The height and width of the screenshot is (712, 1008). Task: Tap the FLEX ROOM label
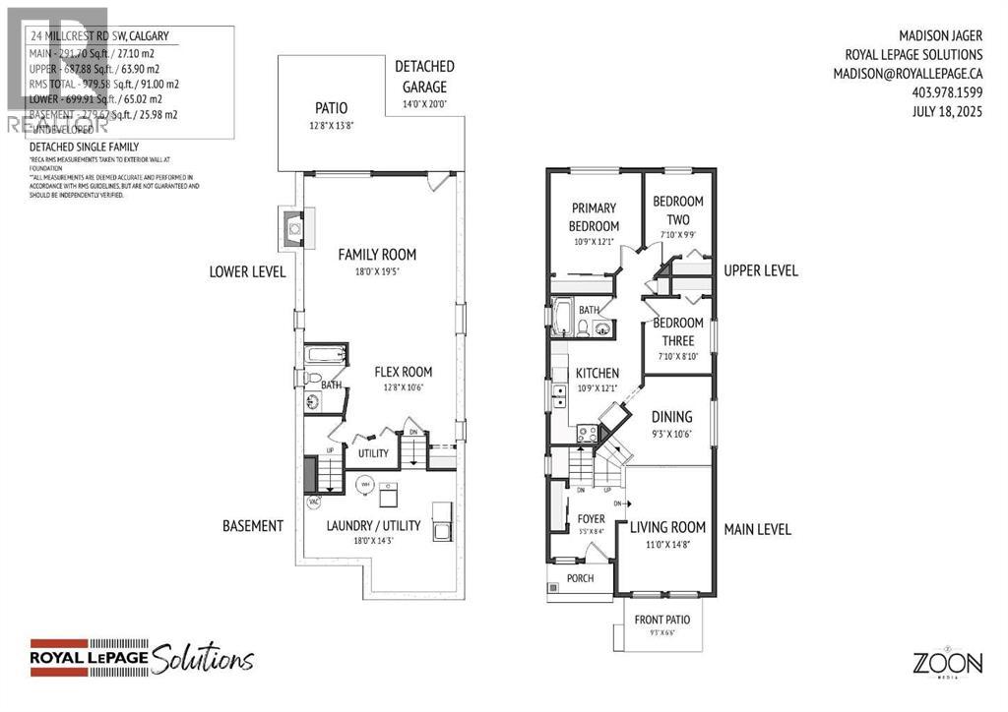tap(403, 372)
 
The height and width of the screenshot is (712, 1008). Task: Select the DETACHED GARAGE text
tap(424, 77)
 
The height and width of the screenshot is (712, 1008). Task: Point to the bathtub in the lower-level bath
tap(324, 355)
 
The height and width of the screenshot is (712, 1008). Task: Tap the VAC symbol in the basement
tap(315, 502)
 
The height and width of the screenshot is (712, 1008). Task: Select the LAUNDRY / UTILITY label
tap(374, 526)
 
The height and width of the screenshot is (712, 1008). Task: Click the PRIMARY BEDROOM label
tap(594, 216)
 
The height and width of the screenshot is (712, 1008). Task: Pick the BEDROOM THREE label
tap(678, 331)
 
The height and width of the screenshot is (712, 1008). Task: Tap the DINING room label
tap(671, 416)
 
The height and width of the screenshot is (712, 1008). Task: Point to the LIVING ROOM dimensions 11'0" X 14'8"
tap(667, 544)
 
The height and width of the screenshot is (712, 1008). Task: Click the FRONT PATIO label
tap(661, 620)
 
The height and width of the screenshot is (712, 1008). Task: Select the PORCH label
tap(581, 578)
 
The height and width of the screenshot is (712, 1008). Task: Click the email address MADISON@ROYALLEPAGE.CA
tap(908, 73)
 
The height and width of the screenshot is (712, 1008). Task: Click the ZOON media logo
tap(946, 663)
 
